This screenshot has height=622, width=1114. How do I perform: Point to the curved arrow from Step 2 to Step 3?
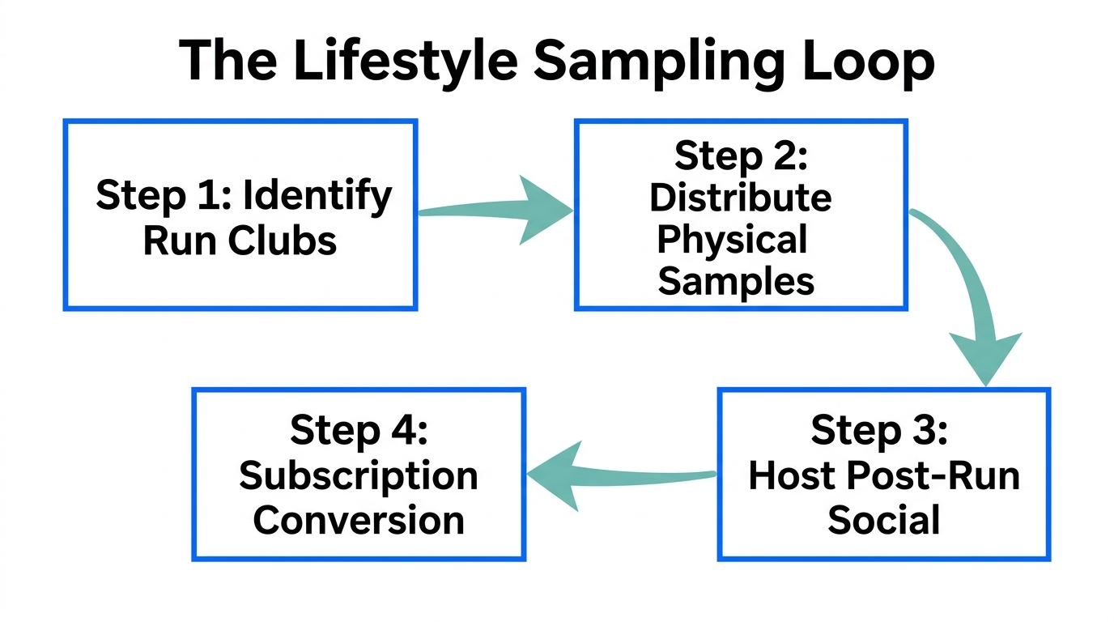[x=972, y=292]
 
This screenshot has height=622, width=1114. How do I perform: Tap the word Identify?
[x=317, y=195]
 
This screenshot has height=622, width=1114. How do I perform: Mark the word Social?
[x=883, y=519]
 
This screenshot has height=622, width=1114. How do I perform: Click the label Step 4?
[x=357, y=429]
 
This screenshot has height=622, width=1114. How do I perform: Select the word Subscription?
[x=358, y=475]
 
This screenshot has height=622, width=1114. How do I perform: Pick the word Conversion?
[x=358, y=519]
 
